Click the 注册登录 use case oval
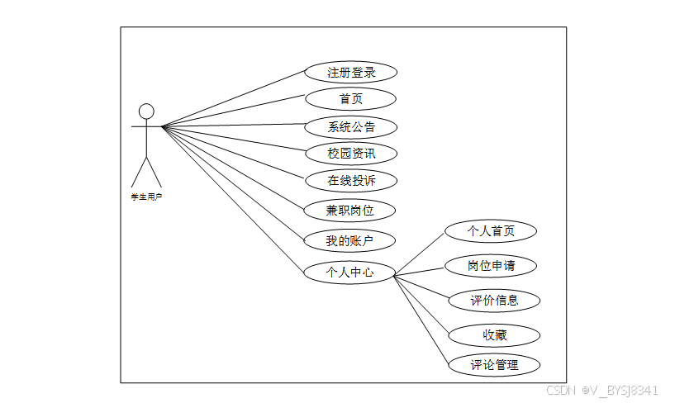(350, 72)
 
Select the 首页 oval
(350, 99)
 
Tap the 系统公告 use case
(350, 127)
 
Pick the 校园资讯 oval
(350, 153)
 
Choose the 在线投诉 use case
(350, 180)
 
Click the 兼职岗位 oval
(350, 210)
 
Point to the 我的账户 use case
(350, 241)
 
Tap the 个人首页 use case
(491, 230)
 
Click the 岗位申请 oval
(491, 266)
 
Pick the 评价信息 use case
(494, 301)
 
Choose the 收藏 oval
(494, 335)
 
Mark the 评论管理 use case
(494, 364)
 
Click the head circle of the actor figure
(146, 111)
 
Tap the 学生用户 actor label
(146, 197)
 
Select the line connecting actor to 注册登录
(234, 99)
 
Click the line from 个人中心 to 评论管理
(422, 318)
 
